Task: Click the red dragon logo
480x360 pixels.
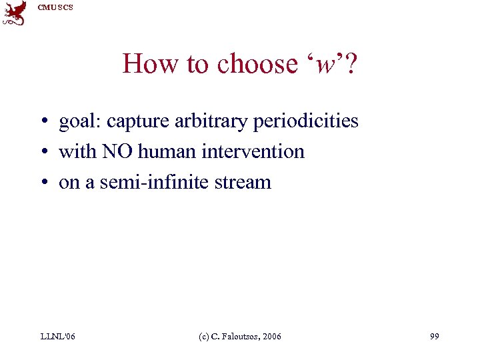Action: point(15,13)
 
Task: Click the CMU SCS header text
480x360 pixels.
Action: point(55,7)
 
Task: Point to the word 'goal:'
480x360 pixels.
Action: point(80,122)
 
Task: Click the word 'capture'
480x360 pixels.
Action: point(136,122)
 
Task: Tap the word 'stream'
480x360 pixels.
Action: point(243,183)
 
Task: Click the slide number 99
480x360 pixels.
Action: point(434,337)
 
